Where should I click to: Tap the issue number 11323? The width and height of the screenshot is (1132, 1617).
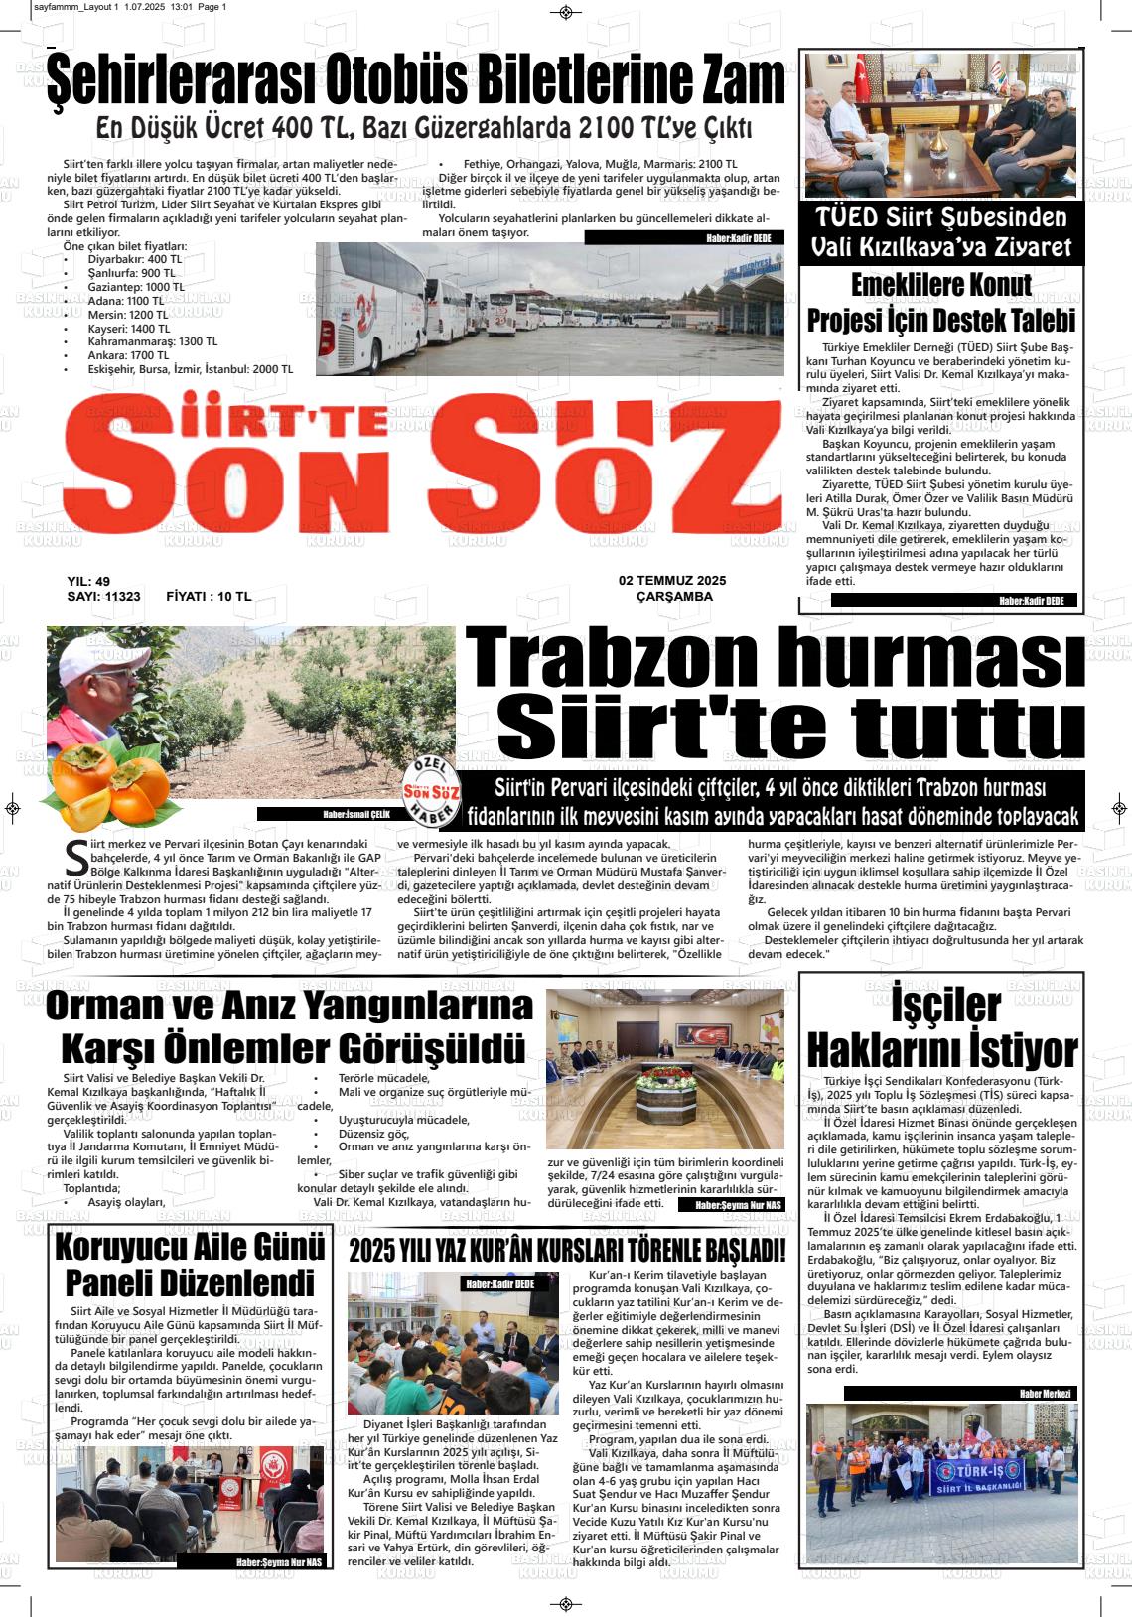coord(122,597)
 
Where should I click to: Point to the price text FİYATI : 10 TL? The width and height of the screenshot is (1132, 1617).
coord(209,597)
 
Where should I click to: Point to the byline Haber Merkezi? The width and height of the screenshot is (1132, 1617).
coord(1046,1394)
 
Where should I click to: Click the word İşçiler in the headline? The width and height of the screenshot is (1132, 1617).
coord(944,1006)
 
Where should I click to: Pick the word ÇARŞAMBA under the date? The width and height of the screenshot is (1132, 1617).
coord(674,597)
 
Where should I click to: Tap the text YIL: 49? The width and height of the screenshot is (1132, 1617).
coord(88,581)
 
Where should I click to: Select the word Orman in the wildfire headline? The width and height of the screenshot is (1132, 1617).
coord(114,1008)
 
